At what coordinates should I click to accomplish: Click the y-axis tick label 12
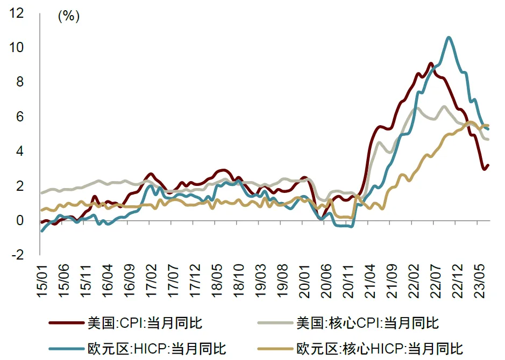[x=17, y=13]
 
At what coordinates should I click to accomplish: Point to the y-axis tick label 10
[x=17, y=48]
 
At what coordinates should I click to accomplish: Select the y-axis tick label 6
[x=20, y=117]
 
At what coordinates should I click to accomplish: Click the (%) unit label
[x=68, y=16]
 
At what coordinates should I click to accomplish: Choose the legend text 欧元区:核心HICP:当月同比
[x=379, y=348]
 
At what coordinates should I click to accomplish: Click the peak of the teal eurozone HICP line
[x=449, y=37]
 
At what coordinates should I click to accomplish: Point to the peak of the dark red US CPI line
[x=431, y=63]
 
